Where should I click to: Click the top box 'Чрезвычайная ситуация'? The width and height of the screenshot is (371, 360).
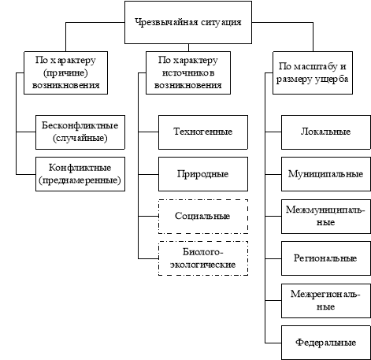click(x=188, y=22)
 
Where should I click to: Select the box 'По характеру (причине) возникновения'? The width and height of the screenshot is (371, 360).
click(x=65, y=72)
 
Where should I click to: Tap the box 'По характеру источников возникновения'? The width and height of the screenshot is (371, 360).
click(x=188, y=72)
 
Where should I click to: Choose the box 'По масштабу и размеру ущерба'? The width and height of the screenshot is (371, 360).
click(x=313, y=72)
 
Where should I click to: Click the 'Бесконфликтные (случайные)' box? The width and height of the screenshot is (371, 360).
click(x=80, y=132)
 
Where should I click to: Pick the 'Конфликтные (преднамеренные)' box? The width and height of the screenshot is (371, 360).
click(x=80, y=174)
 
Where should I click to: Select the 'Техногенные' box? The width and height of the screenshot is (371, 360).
click(x=203, y=132)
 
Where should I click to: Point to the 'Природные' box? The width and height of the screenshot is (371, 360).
click(x=203, y=174)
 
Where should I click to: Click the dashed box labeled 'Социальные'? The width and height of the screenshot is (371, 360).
click(x=203, y=217)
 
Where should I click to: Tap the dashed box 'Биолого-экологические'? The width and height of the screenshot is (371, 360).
click(x=203, y=258)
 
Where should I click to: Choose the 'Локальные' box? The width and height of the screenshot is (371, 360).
click(x=326, y=132)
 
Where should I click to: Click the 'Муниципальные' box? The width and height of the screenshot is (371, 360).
click(x=326, y=174)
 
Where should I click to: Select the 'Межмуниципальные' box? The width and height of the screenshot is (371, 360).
click(x=326, y=217)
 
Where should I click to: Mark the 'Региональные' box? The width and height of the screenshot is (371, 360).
click(x=326, y=258)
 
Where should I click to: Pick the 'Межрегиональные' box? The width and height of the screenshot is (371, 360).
click(x=326, y=301)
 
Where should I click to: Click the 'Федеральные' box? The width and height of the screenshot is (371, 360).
click(x=326, y=343)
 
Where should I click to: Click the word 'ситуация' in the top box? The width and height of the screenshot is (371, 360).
click(x=221, y=22)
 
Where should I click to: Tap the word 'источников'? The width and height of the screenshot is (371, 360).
click(x=188, y=72)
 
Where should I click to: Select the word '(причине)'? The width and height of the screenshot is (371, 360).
click(x=65, y=72)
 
